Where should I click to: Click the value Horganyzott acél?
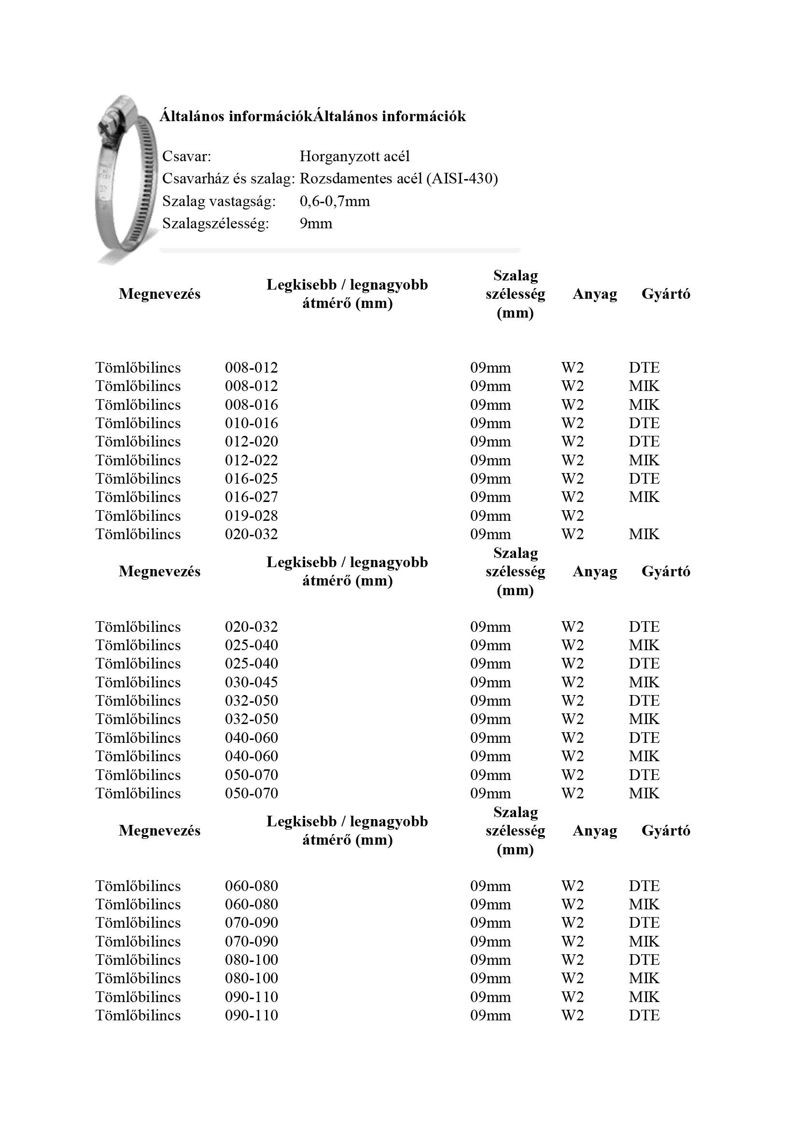(354, 156)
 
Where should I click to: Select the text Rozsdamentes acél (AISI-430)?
(398, 178)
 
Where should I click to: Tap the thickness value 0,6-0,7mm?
(335, 201)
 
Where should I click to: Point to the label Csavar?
(186, 156)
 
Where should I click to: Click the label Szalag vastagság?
(219, 201)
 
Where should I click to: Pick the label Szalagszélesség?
(215, 223)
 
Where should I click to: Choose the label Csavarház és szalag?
(228, 178)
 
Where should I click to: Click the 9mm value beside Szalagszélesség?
(316, 223)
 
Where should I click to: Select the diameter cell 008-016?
(251, 405)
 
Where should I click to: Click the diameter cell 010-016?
(251, 423)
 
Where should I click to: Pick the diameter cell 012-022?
(251, 460)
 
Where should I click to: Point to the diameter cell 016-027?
(251, 497)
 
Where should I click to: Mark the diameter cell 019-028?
(251, 516)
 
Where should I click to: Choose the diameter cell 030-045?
(251, 682)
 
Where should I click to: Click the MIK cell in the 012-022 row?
(644, 460)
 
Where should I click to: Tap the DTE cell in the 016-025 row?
(644, 478)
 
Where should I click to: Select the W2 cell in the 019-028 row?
(573, 516)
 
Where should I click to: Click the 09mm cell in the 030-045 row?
(490, 682)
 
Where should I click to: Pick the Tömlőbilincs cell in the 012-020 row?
(138, 442)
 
